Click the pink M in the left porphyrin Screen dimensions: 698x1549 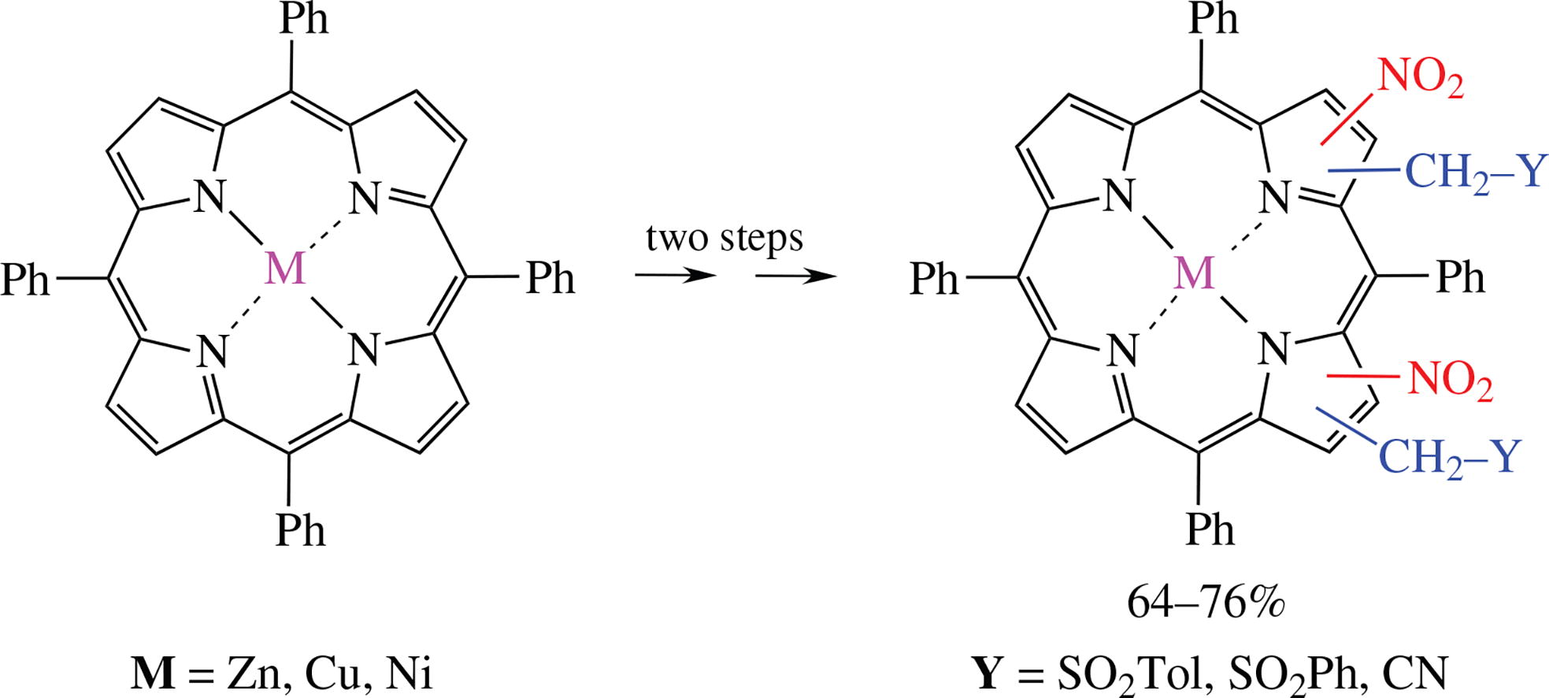click(285, 269)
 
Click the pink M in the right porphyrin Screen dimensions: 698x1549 click(1194, 273)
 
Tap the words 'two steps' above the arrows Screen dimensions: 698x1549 click(724, 237)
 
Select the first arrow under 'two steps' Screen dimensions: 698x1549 click(675, 276)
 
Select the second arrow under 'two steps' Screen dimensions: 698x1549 click(795, 276)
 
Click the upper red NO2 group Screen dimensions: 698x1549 click(1421, 79)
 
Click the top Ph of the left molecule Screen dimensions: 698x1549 click(304, 19)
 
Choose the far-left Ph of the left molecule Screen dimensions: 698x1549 click(25, 280)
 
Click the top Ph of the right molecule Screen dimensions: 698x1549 click(1213, 19)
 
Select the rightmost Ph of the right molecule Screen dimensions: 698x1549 click(1461, 278)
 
